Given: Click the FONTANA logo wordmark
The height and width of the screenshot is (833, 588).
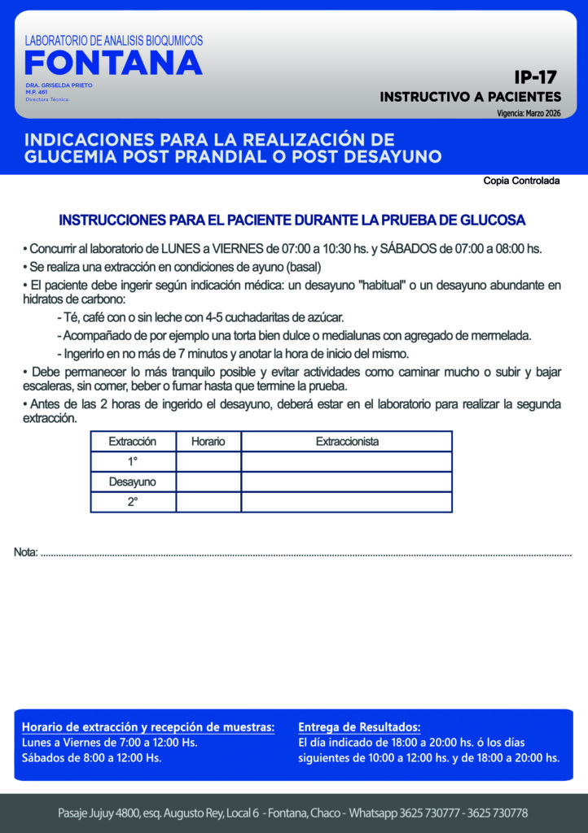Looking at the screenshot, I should point(113,63).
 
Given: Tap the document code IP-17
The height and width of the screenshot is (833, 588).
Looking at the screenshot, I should point(535,78).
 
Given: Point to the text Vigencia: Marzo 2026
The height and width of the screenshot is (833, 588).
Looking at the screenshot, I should point(529,113).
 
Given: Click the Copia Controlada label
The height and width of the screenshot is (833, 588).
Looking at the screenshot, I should point(521,181).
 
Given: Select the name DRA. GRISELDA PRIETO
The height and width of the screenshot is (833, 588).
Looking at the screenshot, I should point(59,85).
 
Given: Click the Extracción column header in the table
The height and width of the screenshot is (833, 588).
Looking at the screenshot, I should point(132,442).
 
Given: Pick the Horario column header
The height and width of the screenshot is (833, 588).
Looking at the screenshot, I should point(208,442).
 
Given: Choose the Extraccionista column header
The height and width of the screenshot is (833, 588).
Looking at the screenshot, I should point(347,442).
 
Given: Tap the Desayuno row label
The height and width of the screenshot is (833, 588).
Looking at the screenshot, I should point(132,482).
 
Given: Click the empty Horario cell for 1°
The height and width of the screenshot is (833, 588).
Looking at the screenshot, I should point(208,462).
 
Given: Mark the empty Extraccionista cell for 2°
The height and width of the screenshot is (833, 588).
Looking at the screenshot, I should point(347,502).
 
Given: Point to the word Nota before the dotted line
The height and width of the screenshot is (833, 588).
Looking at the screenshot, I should point(25,553).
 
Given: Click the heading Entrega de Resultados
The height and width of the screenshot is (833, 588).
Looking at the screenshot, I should point(359,726).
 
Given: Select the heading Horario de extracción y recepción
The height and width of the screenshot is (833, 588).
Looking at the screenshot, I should point(148,726).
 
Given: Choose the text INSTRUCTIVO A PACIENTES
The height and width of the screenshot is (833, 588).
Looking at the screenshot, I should point(470,97).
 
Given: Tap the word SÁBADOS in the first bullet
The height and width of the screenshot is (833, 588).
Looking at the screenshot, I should point(410,249).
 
